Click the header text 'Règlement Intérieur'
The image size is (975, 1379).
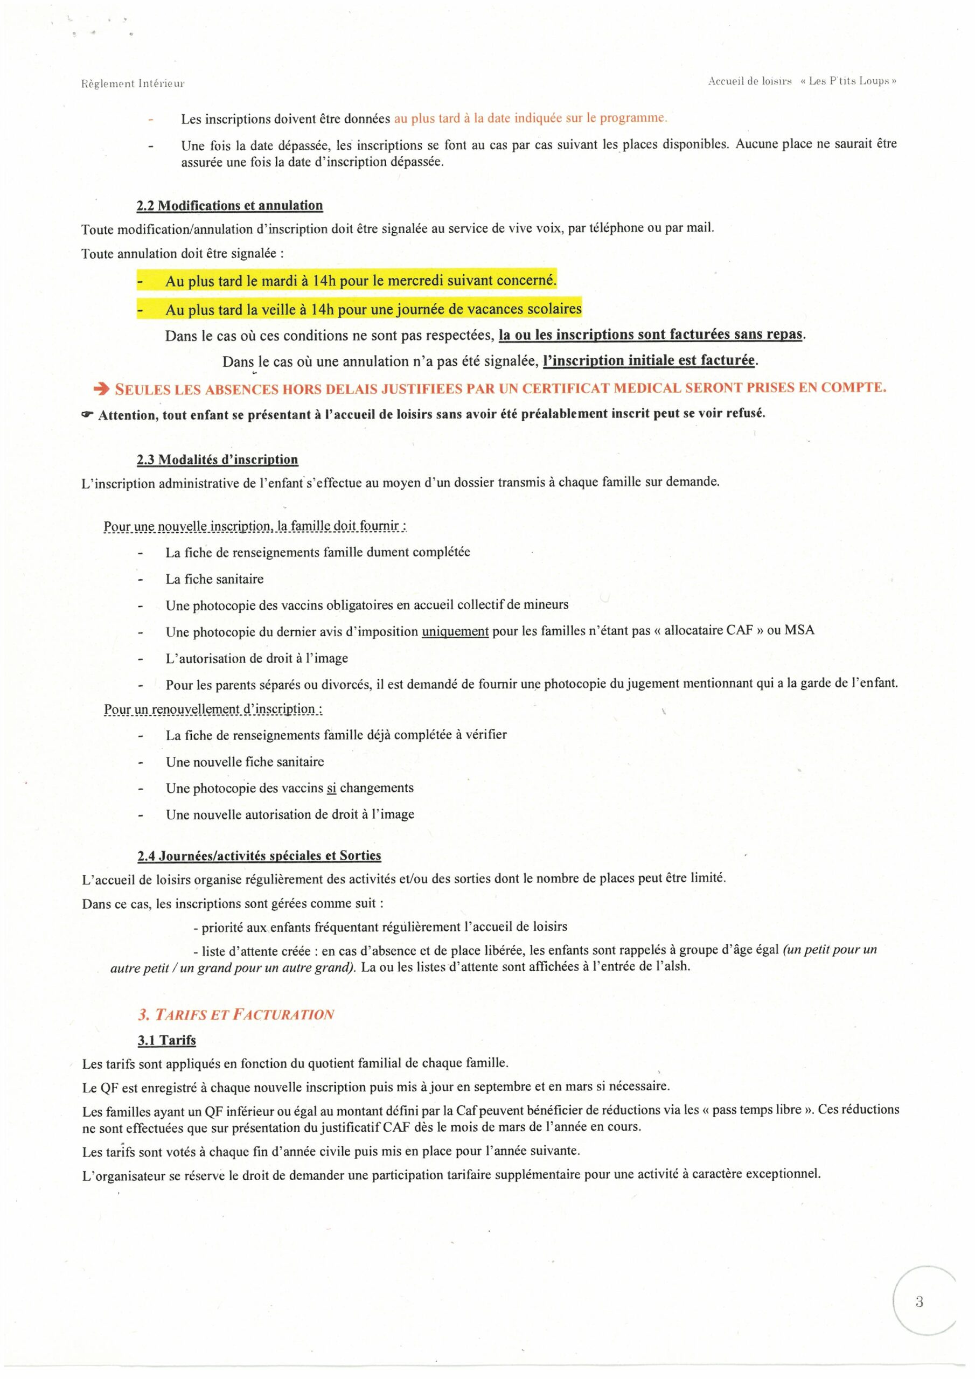pos(133,84)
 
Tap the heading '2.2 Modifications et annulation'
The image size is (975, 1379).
pos(229,205)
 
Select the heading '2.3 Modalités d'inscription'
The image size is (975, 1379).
pos(217,459)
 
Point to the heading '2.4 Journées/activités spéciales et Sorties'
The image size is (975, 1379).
pos(259,855)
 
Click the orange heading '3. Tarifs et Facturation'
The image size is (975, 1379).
pos(235,1014)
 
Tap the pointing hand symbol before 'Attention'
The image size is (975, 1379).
pos(88,414)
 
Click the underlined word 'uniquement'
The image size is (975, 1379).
pos(455,631)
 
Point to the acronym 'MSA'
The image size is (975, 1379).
pos(799,631)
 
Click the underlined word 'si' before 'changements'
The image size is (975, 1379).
pos(331,788)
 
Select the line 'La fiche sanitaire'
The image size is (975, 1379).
pos(214,579)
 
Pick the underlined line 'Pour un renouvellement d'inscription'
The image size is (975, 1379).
pos(213,709)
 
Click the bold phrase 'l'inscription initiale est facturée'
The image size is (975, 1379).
pos(648,360)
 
